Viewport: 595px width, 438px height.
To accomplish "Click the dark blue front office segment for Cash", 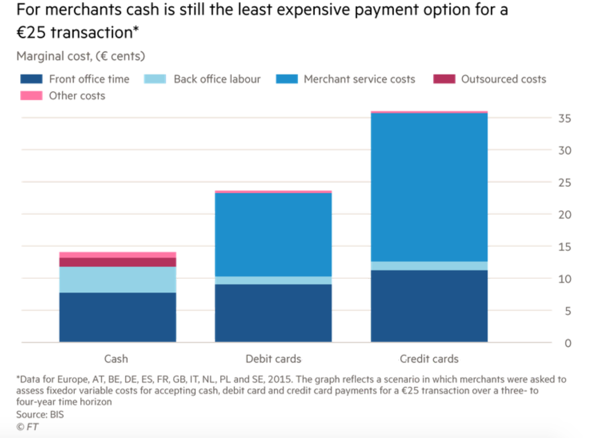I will point(118,317).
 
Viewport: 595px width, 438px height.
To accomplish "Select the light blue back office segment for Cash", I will point(118,279).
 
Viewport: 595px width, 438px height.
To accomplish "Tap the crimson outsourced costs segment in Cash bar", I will point(118,262).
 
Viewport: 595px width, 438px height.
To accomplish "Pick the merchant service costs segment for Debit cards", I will point(273,235).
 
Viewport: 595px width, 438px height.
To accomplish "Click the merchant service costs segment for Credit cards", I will point(429,187).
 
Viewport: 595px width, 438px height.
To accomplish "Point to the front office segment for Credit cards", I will point(429,306).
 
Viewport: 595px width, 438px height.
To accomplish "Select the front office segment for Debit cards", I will point(273,313).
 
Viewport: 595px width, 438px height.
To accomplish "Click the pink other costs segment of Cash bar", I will point(118,255).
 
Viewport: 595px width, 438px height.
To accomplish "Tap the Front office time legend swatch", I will point(31,79).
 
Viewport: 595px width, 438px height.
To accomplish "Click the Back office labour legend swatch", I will point(155,79).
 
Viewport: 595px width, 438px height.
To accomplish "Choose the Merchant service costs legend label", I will point(359,79).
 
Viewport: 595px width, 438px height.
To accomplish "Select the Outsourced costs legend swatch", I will point(444,79).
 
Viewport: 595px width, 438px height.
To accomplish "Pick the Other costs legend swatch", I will point(31,96).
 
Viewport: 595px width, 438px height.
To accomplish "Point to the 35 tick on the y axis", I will point(564,118).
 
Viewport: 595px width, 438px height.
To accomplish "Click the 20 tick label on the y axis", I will point(564,215).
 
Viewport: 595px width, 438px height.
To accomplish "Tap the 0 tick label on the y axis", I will point(567,343).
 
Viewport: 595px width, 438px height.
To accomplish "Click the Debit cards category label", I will point(273,359).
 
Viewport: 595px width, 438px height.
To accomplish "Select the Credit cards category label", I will point(429,359).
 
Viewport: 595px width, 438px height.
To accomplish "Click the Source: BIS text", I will point(40,414).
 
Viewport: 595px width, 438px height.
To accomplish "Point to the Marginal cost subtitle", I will point(80,56).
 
